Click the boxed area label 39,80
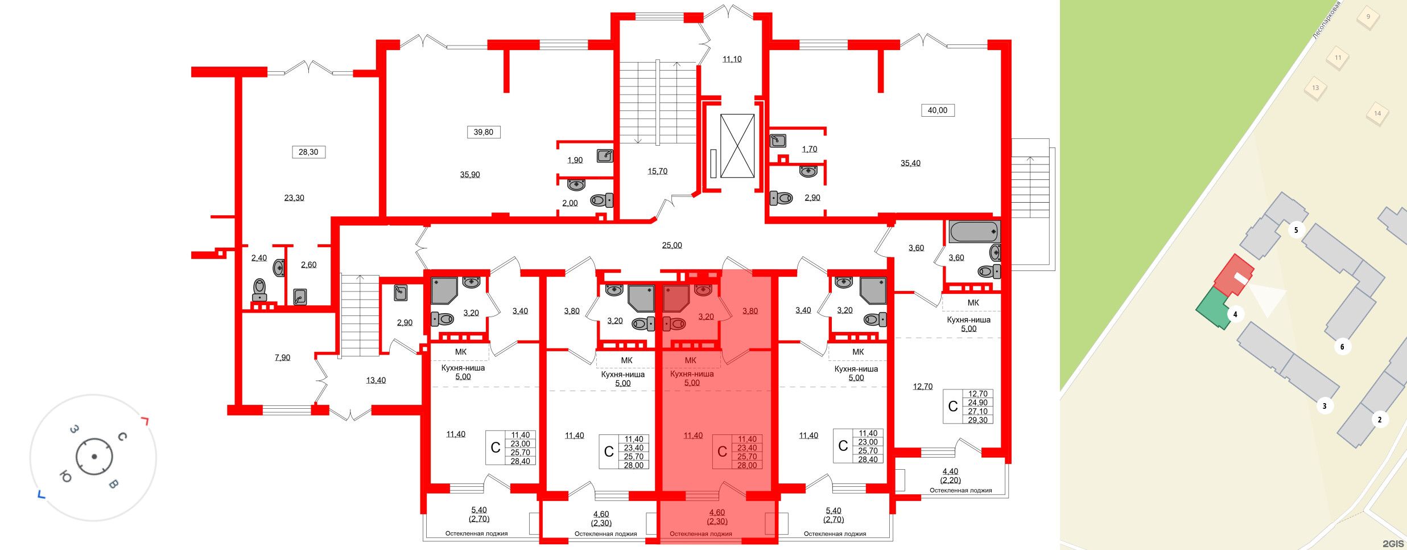[x=483, y=132]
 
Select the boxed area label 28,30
[x=308, y=152]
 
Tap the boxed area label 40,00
[x=938, y=110]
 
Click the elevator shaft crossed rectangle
[x=737, y=146]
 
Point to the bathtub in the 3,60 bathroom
[x=973, y=232]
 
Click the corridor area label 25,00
[x=671, y=245]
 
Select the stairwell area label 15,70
[x=657, y=171]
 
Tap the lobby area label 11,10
[x=732, y=59]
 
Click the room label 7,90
[x=282, y=358]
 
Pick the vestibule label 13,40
[x=376, y=380]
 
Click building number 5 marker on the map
[x=1296, y=230]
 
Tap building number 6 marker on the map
[x=1342, y=347]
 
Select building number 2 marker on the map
[x=1379, y=420]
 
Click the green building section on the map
[x=1212, y=308]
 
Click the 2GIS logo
[x=1393, y=543]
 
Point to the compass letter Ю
[x=65, y=477]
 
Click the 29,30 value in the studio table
[x=977, y=420]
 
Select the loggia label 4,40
[x=950, y=471]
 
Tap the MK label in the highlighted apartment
[x=690, y=360]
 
